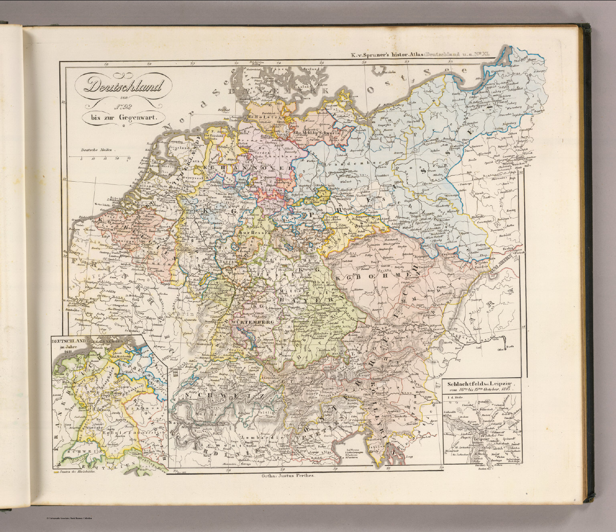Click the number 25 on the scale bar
[128, 159]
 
